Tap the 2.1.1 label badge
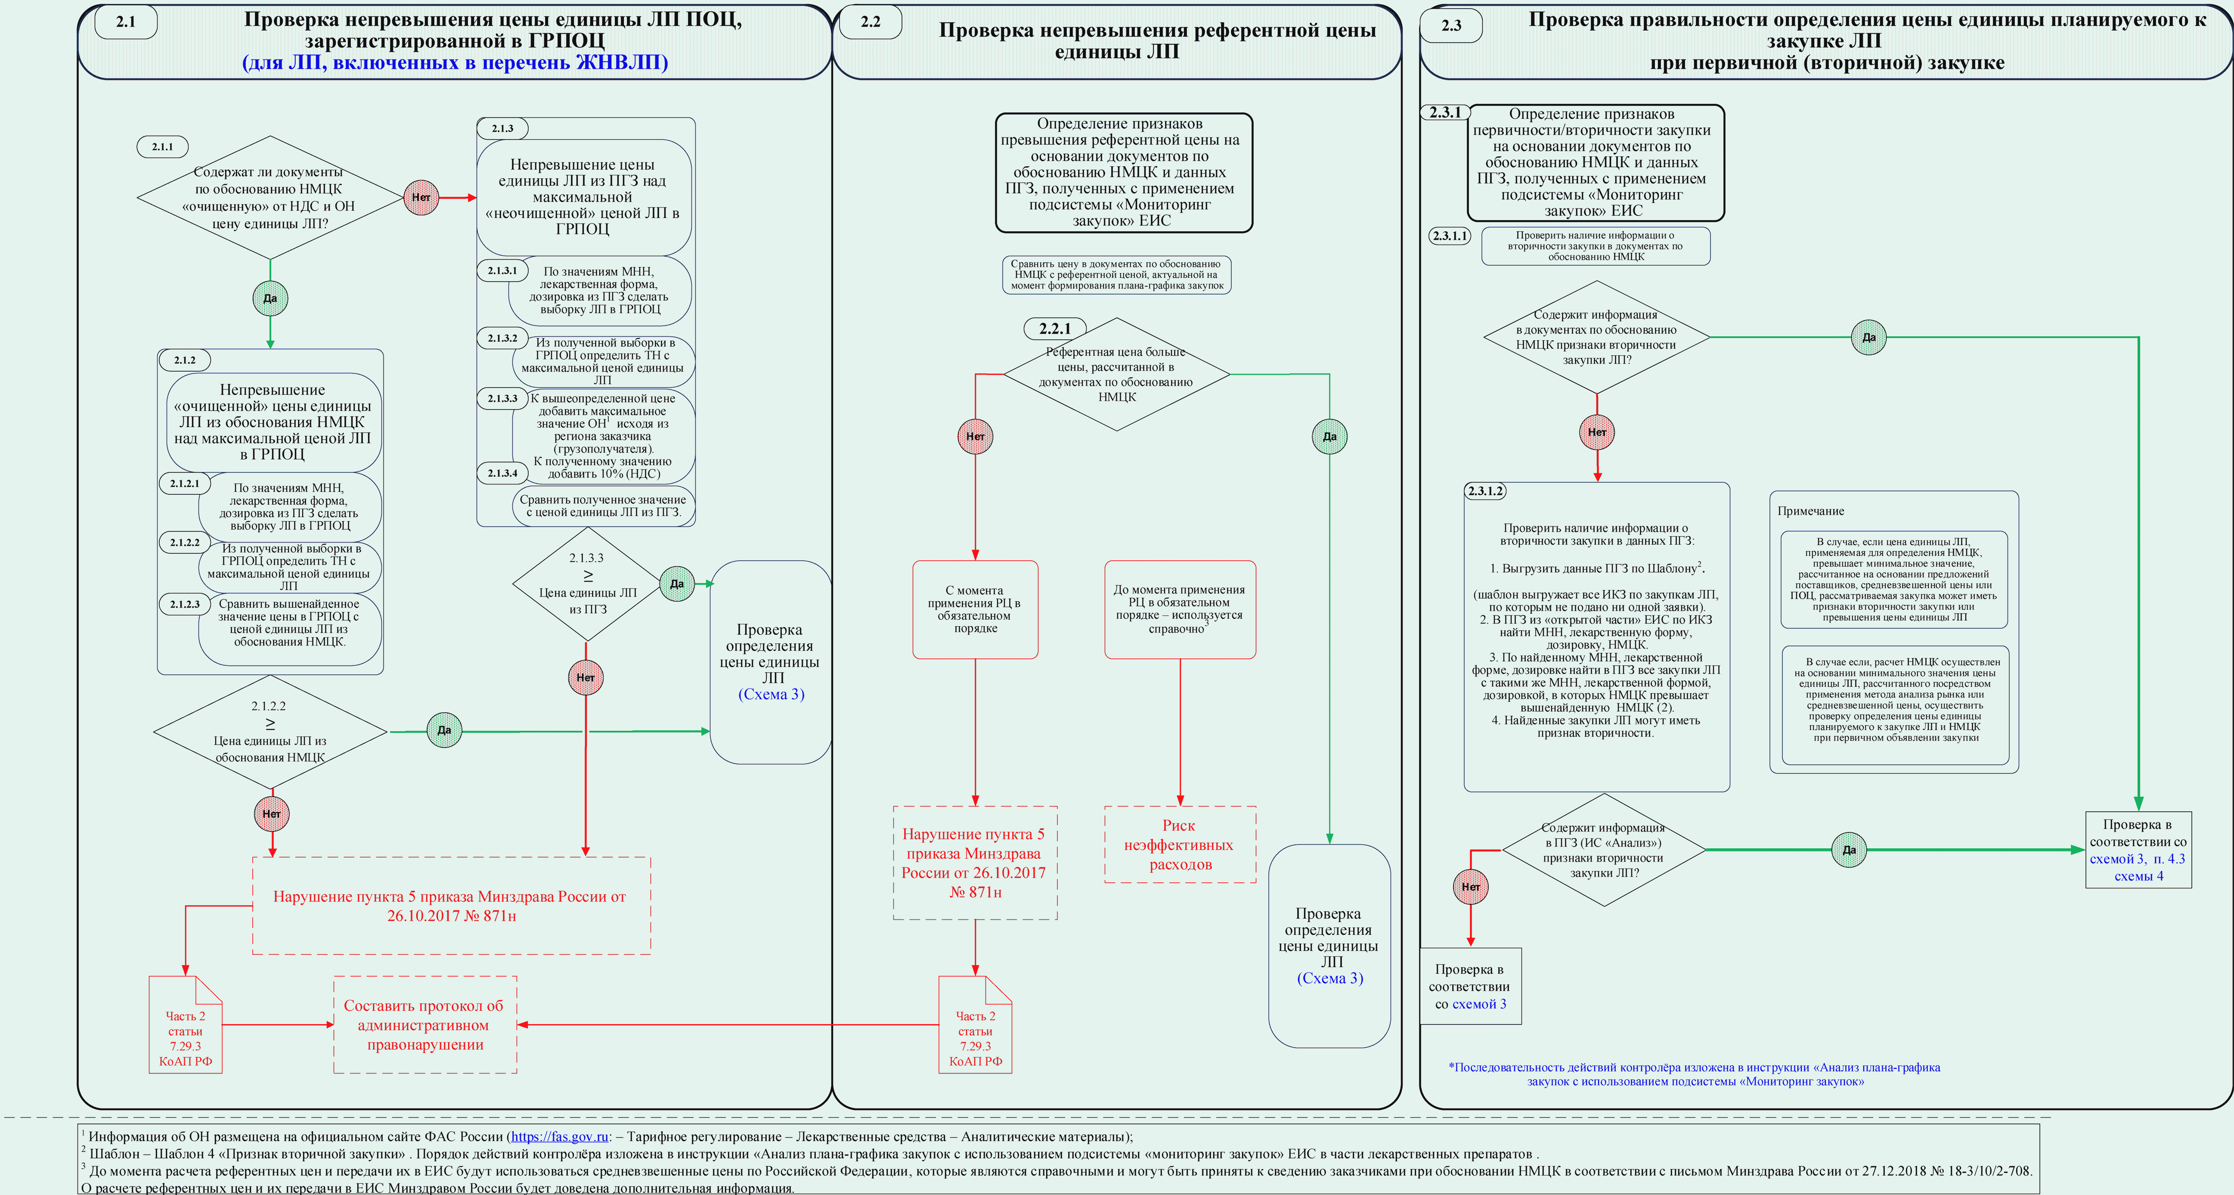point(162,146)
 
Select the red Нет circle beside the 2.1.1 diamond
point(421,198)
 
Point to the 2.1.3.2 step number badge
point(502,338)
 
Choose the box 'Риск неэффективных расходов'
point(1180,844)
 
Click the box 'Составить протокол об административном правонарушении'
point(425,1025)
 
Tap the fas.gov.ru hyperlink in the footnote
point(559,1136)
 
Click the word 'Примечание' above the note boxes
point(1811,511)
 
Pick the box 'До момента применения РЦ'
point(1180,610)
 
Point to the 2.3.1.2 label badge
point(1485,491)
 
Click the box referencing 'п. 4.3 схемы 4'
point(2138,850)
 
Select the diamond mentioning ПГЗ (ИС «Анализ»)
point(1604,850)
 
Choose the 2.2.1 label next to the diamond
point(1054,329)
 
